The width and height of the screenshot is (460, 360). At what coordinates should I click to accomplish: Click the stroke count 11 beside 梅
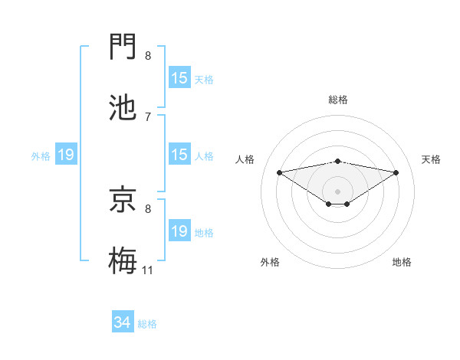click(x=147, y=270)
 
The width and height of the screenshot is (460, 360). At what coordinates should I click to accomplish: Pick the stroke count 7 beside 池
click(x=148, y=116)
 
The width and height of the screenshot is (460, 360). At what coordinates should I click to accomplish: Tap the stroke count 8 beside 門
click(x=148, y=56)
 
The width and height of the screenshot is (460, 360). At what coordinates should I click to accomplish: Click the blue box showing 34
click(x=122, y=323)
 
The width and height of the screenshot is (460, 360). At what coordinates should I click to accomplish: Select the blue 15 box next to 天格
click(x=179, y=78)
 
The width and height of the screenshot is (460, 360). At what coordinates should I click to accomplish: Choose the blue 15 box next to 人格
click(x=179, y=155)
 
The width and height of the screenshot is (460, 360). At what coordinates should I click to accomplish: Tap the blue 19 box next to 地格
click(x=179, y=231)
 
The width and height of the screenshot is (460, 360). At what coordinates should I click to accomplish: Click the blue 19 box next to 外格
click(x=66, y=155)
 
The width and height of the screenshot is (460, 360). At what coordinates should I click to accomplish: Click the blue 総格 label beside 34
click(x=147, y=324)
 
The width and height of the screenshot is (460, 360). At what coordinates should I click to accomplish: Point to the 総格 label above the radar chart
click(x=337, y=100)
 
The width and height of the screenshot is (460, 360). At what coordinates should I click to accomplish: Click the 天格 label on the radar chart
click(x=431, y=159)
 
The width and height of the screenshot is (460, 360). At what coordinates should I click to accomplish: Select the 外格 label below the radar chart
click(x=270, y=262)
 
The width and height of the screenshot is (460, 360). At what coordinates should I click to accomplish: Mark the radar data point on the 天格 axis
click(x=396, y=172)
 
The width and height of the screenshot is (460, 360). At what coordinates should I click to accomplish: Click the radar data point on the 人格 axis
click(x=279, y=172)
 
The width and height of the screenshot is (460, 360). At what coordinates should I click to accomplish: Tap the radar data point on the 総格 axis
click(x=337, y=161)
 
